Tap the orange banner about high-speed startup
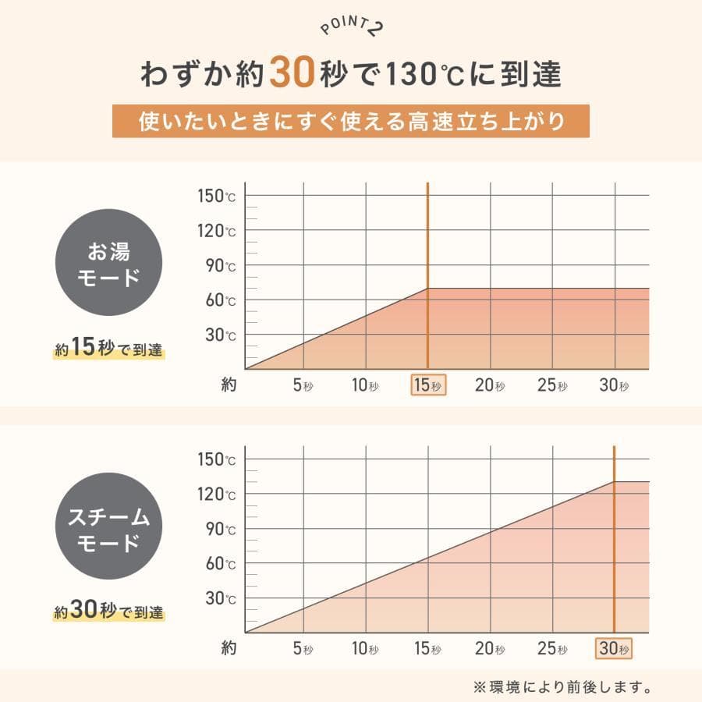pos(350,122)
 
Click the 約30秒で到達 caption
pos(109,612)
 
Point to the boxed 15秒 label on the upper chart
pos(428,385)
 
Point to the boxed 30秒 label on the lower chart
pos(614,648)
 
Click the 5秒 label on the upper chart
pos(303,385)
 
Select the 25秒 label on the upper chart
pos(552,385)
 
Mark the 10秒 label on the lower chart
pos(365,648)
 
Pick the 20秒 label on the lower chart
pos(490,648)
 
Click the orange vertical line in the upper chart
pos(428,234)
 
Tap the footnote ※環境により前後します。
pos(562,687)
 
